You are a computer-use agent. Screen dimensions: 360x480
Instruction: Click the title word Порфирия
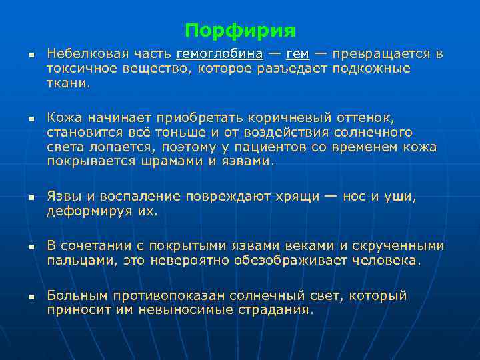(x=240, y=31)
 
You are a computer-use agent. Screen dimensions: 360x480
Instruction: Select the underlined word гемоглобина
(x=219, y=54)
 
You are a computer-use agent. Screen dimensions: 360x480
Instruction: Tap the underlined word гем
(x=297, y=54)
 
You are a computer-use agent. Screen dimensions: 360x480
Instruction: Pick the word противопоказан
(x=159, y=295)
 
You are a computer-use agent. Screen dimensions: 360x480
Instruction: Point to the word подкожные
(x=371, y=69)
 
